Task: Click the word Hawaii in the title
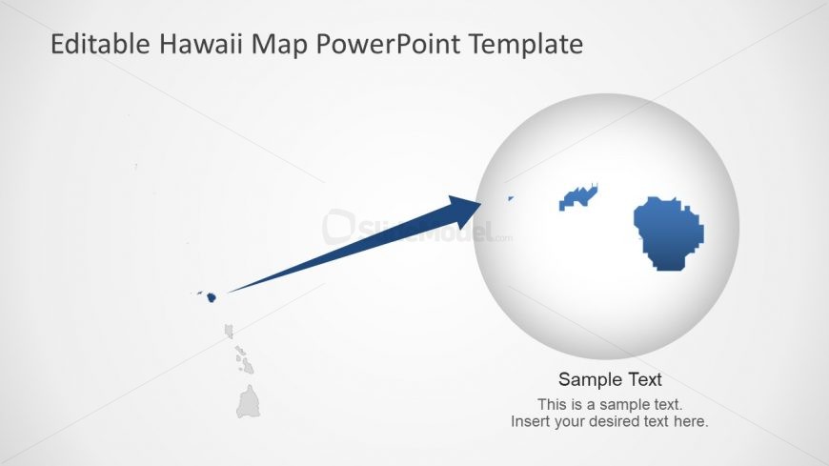point(202,44)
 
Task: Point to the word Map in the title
point(280,44)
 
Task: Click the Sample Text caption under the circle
point(610,379)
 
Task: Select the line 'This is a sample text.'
point(610,404)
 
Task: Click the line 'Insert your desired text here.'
point(610,421)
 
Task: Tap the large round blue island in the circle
point(671,233)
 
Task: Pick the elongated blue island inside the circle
point(577,196)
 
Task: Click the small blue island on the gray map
point(211,297)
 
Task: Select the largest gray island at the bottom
point(249,403)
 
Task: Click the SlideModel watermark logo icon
point(336,227)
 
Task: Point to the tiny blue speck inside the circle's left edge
point(510,199)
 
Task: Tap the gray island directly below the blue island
point(229,331)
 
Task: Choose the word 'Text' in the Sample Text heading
point(642,379)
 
